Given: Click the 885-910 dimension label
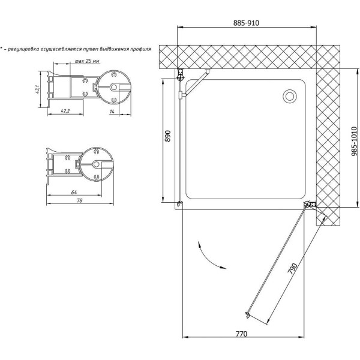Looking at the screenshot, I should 247,23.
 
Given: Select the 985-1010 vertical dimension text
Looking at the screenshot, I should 354,140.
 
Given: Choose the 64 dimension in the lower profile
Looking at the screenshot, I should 74,193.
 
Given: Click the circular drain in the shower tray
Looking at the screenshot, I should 290,96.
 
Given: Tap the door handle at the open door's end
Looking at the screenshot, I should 247,314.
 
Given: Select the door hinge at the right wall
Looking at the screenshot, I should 309,206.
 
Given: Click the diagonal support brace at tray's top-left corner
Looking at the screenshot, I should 195,83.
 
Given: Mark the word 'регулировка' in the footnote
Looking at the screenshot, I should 28,49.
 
